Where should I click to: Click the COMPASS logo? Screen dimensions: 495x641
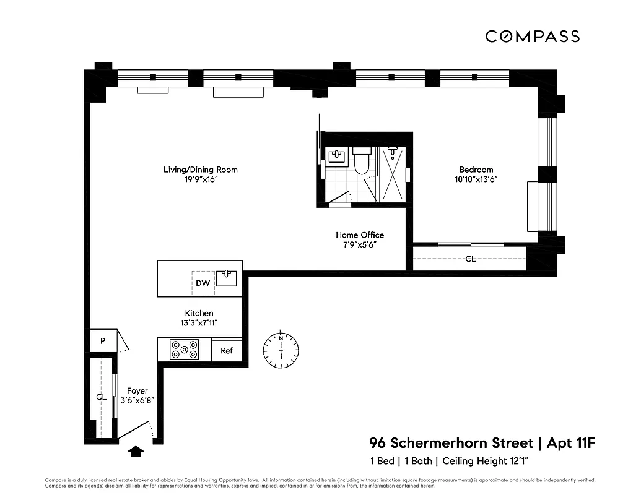click(532, 37)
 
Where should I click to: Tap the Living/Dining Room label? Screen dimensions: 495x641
click(200, 170)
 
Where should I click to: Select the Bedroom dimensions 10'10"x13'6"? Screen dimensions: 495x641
click(476, 179)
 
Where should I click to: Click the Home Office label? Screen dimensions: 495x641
click(360, 235)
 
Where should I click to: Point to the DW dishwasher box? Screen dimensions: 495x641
click(203, 283)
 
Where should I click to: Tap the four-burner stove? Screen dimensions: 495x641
click(185, 350)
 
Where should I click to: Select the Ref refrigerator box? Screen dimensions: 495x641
click(227, 351)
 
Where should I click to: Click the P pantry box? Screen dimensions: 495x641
click(103, 341)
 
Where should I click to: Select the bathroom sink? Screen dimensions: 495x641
click(338, 157)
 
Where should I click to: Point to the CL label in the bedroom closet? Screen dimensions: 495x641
click(471, 259)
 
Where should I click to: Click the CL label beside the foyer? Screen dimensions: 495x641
click(101, 397)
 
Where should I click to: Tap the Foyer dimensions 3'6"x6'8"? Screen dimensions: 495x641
click(137, 400)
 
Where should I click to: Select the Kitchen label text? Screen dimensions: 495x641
click(199, 313)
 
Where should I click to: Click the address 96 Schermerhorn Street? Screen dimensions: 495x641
click(451, 443)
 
